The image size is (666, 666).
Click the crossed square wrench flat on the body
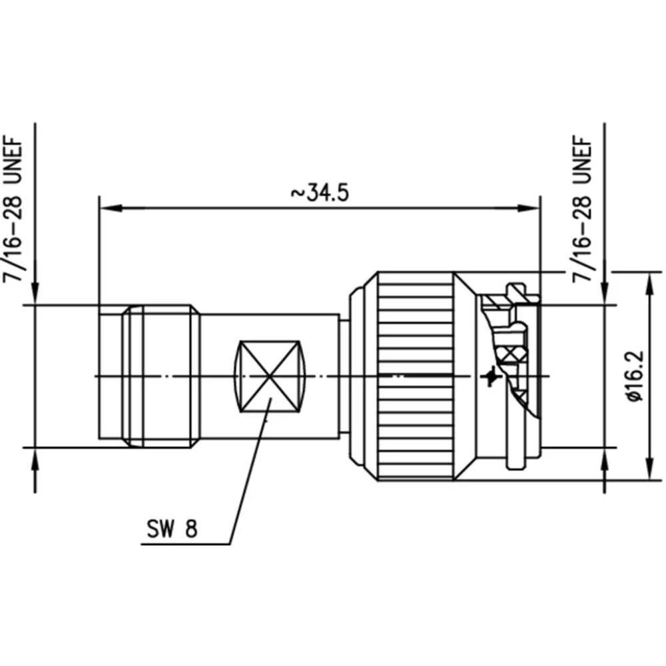pyautogui.click(x=269, y=376)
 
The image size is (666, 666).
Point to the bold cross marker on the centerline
pyautogui.click(x=492, y=377)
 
